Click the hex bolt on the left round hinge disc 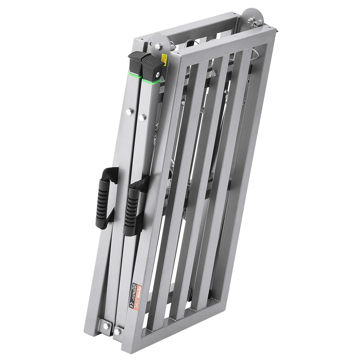pyautogui.click(x=158, y=46)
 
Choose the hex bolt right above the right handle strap pyautogui.click(x=142, y=117)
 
